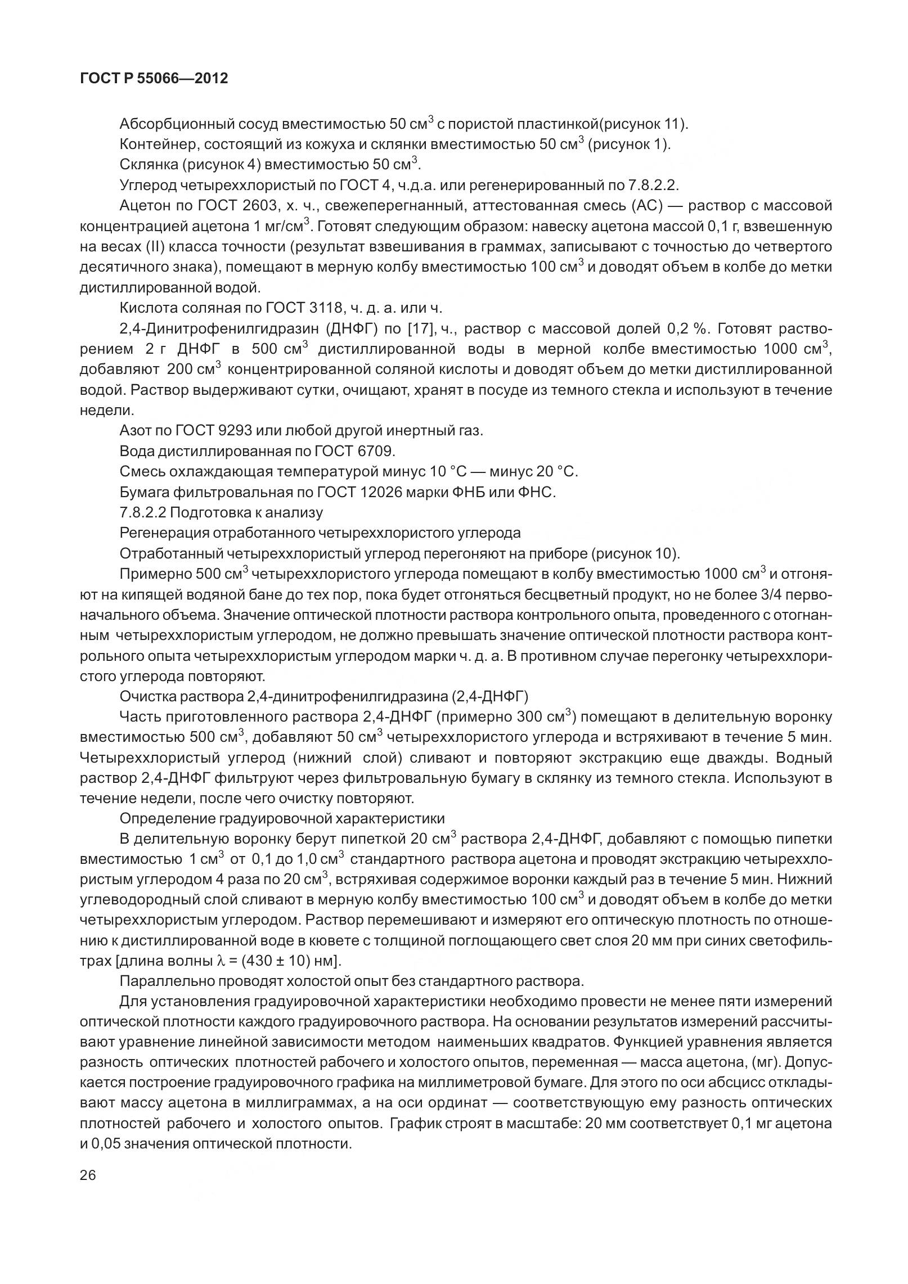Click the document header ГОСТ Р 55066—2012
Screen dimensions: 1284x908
154,79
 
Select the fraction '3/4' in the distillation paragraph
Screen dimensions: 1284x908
778,595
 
